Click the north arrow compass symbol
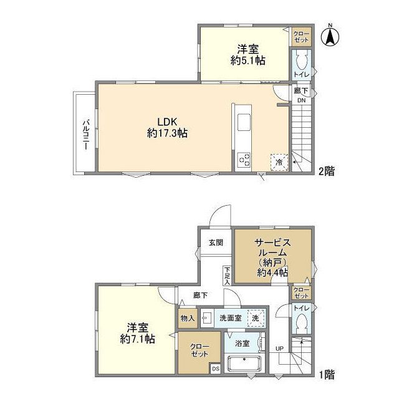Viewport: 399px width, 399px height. click(330, 36)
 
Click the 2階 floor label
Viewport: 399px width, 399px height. click(326, 171)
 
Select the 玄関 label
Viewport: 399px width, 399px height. click(216, 243)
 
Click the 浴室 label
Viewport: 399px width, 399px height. click(243, 344)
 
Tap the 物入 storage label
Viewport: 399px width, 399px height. click(188, 318)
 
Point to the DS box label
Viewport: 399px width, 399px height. click(215, 368)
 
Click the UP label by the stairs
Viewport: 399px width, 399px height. click(279, 349)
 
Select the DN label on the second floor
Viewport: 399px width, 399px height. click(301, 100)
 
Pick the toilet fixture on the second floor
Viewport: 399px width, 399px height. click(302, 62)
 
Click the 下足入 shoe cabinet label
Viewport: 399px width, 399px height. click(227, 276)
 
